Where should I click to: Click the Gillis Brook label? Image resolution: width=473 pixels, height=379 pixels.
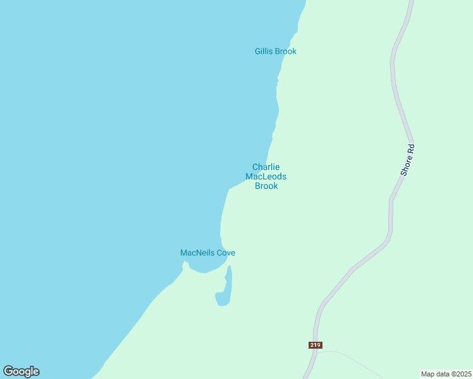tap(276, 51)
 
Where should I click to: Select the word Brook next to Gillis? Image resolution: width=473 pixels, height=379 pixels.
tap(286, 51)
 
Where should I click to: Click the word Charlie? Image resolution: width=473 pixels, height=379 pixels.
tap(266, 167)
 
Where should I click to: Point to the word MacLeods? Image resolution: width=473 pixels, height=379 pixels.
tap(266, 177)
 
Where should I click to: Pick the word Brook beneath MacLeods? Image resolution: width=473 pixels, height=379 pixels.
tap(266, 186)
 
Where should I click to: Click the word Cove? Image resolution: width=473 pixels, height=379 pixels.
tap(226, 253)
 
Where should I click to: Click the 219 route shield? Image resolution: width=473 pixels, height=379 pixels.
tap(316, 345)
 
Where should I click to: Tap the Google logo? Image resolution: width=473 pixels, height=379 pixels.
tap(21, 371)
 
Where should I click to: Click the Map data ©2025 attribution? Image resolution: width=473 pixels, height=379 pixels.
tap(446, 373)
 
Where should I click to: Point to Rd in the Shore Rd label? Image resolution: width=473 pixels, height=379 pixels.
tap(411, 150)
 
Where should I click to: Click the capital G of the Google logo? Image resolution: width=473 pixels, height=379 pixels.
tap(8, 371)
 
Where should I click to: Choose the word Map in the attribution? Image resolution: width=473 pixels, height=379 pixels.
tap(429, 373)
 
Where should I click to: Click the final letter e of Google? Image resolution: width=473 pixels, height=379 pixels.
tap(36, 372)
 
